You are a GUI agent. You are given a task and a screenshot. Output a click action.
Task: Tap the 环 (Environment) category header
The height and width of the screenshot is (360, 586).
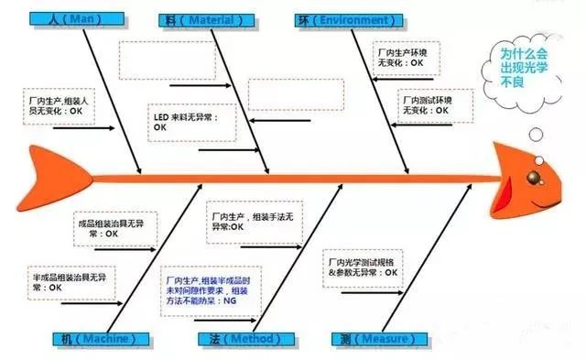pos(342,18)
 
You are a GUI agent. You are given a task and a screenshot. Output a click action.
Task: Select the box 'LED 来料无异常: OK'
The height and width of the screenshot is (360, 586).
pos(191,122)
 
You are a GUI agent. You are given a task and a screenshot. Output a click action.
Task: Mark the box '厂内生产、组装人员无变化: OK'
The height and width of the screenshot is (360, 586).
pos(59,104)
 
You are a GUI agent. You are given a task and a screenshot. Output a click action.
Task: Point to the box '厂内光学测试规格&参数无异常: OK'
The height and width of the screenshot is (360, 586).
pos(364,266)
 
